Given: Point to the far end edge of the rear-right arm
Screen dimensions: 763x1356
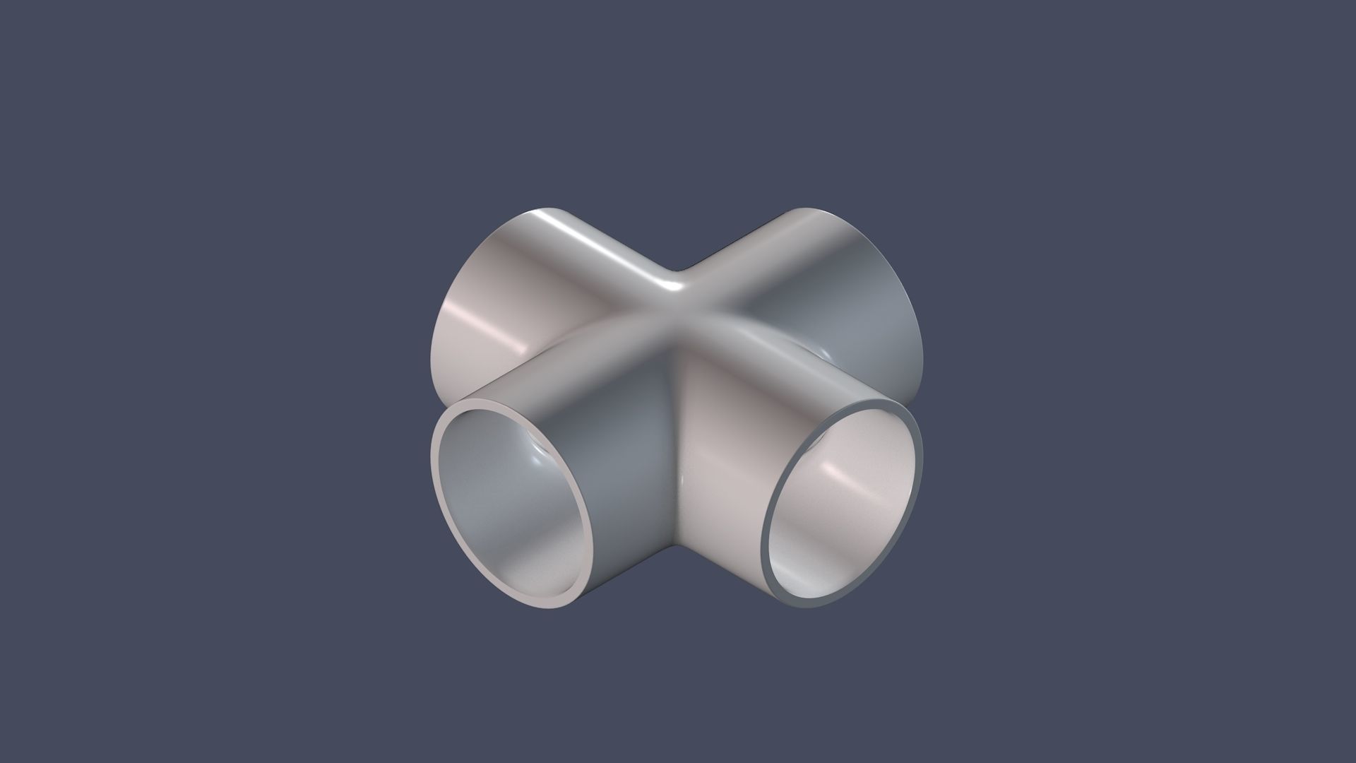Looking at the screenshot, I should (911, 297).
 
